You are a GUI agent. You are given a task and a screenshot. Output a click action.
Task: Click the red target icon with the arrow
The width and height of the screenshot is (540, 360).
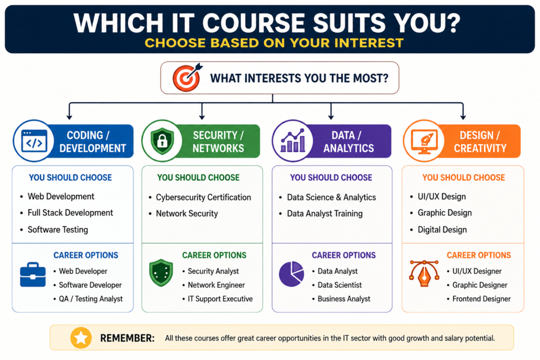coord(187,77)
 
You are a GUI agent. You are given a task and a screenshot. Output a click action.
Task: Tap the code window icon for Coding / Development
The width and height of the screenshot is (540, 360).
coord(34,141)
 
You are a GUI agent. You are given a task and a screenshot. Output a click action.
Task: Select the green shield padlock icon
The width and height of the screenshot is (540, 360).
coord(162,141)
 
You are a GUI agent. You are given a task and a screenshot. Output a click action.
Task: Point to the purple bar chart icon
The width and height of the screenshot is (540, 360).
coord(293,140)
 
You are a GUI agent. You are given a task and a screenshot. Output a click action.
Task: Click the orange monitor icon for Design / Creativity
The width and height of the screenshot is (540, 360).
coord(424,141)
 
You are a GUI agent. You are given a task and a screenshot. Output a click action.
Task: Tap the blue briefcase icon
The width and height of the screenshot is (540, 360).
coord(33,275)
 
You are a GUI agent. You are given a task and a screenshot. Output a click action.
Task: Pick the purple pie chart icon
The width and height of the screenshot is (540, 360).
coord(291,274)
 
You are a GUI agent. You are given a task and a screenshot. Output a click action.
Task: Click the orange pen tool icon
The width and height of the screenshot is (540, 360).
coord(425,273)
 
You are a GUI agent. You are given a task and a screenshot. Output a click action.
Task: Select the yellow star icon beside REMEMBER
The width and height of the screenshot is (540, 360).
coord(81,338)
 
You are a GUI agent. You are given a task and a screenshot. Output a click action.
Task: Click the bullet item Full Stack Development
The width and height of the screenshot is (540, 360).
coord(70,213)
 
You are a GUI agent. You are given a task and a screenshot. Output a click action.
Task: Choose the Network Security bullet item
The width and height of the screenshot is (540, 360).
coord(187,213)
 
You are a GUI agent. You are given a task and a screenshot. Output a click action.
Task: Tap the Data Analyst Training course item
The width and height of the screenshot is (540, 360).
coord(325,213)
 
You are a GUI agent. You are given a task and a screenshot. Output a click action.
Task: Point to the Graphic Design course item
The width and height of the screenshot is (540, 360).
coord(445,213)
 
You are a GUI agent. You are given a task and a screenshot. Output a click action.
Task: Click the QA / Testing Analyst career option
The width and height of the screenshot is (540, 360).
coord(91,299)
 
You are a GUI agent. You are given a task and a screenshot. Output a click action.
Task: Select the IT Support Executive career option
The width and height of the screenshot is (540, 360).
coord(220,299)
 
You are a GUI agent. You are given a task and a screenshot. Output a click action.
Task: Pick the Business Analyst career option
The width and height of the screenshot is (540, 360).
coord(344,299)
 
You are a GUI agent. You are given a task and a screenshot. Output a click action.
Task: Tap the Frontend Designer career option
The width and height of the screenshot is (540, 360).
coord(481,299)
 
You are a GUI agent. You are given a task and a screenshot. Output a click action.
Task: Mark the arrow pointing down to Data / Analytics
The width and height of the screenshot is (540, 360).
coord(331,111)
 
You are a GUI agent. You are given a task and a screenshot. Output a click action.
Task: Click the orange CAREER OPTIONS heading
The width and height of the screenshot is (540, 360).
coord(479,255)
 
